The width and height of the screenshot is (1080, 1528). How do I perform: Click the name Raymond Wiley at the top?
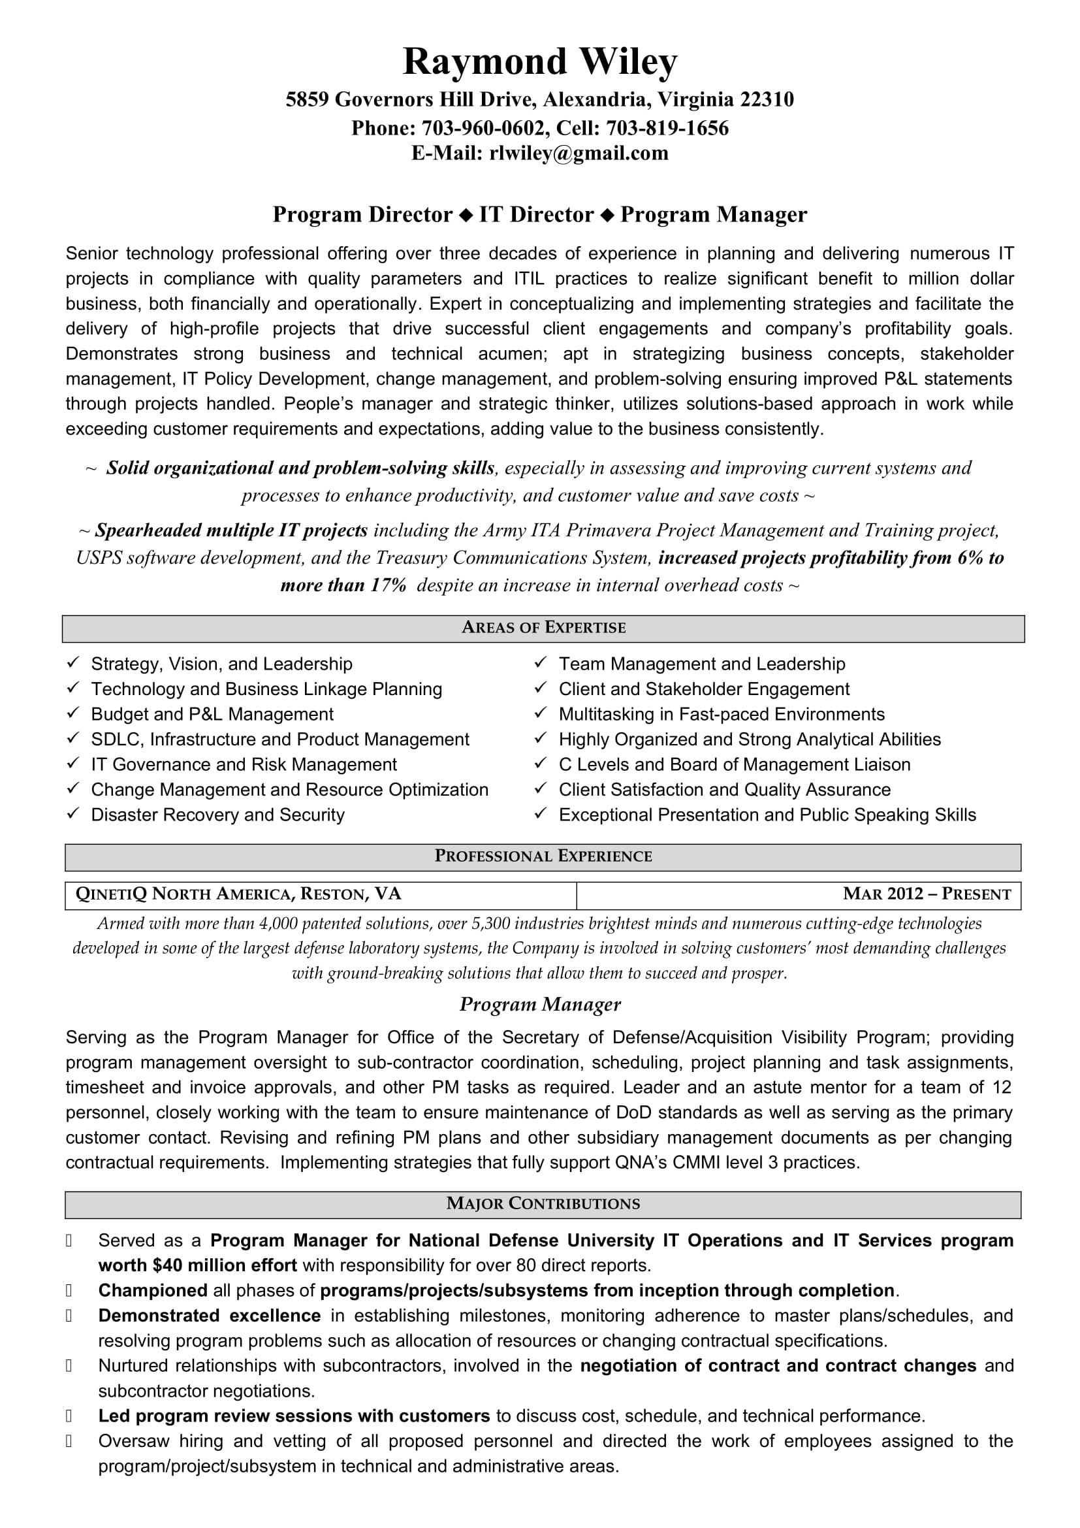(540, 62)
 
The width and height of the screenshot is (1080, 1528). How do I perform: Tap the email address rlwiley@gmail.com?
(579, 154)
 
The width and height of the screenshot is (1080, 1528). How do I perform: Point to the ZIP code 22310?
(767, 100)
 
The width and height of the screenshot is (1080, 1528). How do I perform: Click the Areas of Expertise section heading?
(543, 628)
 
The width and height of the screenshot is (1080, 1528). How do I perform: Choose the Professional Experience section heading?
(543, 856)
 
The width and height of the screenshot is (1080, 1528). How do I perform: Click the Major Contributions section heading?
(543, 1204)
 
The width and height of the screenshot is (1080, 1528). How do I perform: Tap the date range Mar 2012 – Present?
(927, 894)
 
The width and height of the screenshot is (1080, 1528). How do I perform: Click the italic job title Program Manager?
(540, 1004)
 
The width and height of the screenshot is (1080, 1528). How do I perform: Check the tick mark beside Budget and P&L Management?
(73, 713)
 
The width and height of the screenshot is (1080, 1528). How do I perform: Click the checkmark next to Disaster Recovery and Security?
(73, 814)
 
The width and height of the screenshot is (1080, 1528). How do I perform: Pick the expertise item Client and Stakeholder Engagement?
(704, 689)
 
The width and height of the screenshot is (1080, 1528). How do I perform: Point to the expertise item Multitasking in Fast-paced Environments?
(722, 715)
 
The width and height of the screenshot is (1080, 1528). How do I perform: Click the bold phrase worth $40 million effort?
(197, 1266)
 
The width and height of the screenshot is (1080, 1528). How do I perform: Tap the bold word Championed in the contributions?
(152, 1291)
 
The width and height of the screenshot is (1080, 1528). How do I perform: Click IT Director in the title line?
(536, 215)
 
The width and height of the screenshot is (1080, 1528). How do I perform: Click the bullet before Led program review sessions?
(69, 1417)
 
